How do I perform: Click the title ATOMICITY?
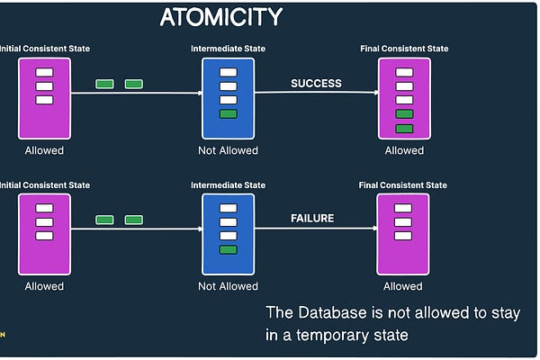220,17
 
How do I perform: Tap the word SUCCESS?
316,84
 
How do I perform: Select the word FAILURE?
312,218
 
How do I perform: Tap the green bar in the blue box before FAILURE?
228,249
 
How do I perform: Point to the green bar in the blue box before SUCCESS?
228,114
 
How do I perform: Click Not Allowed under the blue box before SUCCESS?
228,150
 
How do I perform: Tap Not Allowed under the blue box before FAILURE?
228,286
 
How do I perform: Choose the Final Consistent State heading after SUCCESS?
403,49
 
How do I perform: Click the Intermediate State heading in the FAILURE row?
228,185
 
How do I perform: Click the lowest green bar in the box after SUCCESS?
404,129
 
